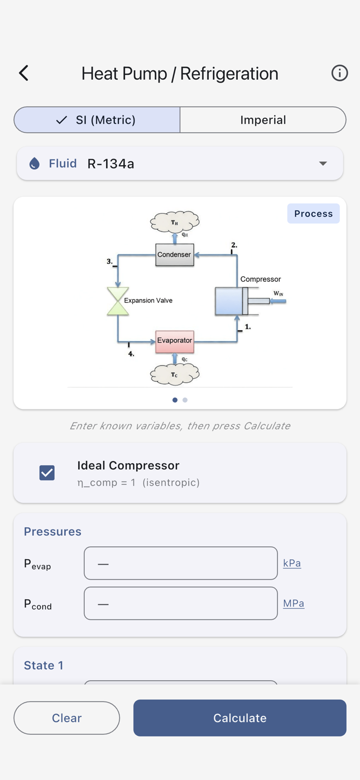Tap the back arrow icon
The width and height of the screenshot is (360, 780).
[x=23, y=73]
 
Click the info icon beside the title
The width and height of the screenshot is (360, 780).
[x=339, y=73]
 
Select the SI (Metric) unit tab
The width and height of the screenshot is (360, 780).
[x=97, y=120]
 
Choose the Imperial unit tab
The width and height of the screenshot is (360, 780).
[x=263, y=120]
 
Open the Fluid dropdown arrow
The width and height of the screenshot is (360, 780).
[x=323, y=163]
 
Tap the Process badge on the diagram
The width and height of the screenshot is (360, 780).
[x=313, y=214]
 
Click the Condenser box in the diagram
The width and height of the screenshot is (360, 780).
[x=174, y=255]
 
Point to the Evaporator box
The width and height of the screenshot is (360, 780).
[x=175, y=341]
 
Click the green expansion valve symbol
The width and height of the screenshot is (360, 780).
[x=118, y=301]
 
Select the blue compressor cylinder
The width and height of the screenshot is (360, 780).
[x=229, y=301]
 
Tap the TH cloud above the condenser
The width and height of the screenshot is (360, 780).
[x=175, y=222]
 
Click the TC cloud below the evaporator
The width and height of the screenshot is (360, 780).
[x=175, y=374]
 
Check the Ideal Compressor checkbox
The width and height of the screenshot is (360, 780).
[x=47, y=473]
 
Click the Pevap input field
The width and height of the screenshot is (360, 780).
[x=180, y=563]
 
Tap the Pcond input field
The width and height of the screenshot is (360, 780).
[x=180, y=603]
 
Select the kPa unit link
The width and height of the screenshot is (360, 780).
[x=292, y=563]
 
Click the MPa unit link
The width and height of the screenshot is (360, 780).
[x=294, y=603]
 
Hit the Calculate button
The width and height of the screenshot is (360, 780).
[x=239, y=718]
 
